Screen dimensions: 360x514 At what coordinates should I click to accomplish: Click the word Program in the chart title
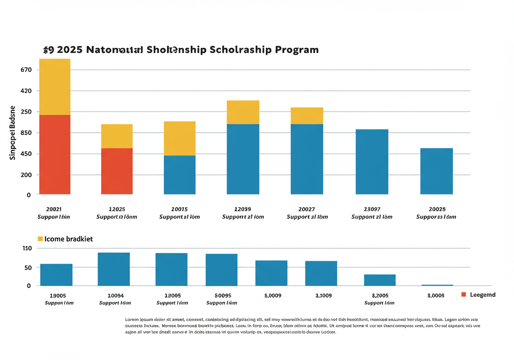point(297,50)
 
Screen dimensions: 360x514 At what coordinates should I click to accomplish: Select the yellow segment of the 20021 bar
point(55,87)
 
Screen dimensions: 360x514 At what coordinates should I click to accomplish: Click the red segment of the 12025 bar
point(116,171)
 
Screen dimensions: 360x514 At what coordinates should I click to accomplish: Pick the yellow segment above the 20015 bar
point(179,138)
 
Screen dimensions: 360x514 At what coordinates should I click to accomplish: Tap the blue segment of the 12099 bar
point(243,159)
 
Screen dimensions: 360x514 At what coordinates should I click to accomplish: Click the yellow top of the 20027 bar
point(307,116)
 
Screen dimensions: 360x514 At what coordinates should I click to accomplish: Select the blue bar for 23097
point(372,162)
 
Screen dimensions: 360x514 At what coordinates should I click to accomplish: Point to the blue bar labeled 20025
point(436,171)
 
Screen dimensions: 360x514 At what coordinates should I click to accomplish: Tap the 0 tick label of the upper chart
point(17,195)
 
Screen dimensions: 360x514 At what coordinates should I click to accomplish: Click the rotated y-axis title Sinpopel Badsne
point(12,133)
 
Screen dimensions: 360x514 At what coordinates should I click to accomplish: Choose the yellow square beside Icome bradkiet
point(40,239)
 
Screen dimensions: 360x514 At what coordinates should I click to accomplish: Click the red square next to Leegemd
point(464,295)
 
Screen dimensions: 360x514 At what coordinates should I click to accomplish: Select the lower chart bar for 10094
point(114,269)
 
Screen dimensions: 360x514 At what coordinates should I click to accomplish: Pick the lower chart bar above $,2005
point(379,280)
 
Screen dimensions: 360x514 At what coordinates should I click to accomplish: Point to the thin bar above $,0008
point(437,285)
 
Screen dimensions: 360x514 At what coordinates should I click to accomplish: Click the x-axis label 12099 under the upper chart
point(243,209)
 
